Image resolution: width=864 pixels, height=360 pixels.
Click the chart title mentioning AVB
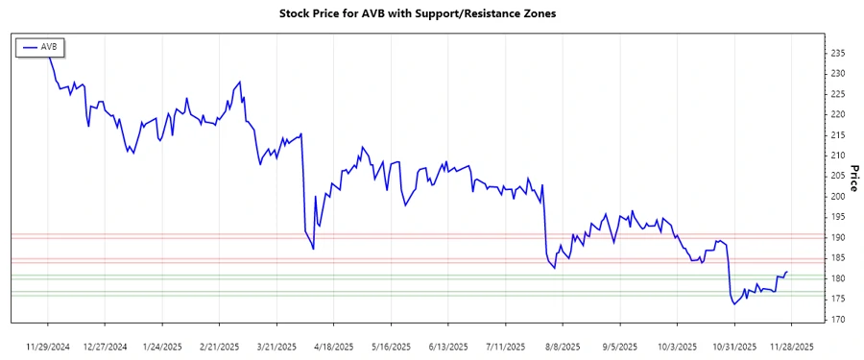tap(418, 13)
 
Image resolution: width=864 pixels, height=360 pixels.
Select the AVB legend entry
tap(40, 46)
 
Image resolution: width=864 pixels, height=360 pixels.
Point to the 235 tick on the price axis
tap(838, 53)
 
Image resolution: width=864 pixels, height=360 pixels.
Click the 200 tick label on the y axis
tap(838, 196)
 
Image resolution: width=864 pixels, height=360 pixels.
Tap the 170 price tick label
tap(838, 320)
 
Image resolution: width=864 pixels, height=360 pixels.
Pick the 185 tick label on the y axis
tap(838, 257)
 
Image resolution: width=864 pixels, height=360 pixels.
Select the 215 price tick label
tap(838, 134)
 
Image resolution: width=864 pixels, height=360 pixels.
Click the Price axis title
tap(853, 179)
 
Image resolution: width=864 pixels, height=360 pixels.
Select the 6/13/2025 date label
tap(446, 346)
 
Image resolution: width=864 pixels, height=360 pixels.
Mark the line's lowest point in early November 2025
tap(735, 304)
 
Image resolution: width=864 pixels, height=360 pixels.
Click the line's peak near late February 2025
tap(240, 82)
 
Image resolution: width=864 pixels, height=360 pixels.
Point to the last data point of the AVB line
tap(787, 272)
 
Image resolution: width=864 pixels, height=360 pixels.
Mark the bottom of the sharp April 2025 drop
tap(314, 249)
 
